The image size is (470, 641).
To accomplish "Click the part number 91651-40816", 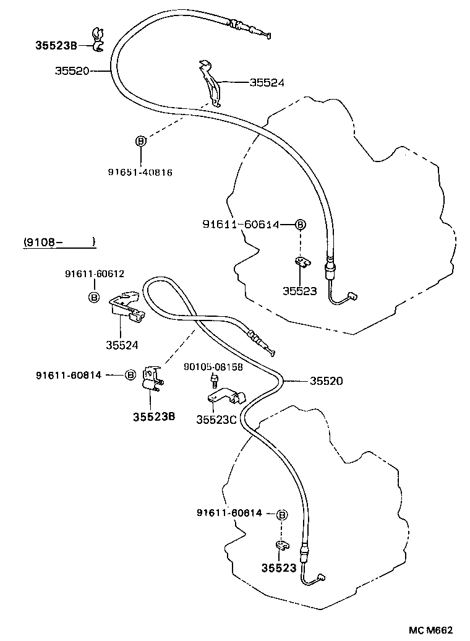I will pos(140,172).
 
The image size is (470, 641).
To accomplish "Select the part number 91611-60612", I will pos(93,273).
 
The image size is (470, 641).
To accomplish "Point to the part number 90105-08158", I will pos(213,366).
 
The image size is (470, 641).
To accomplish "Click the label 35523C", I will pos(216,419).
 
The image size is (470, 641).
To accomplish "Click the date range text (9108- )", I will pos(59,242).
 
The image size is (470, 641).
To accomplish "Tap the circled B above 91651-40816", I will pos(140,141).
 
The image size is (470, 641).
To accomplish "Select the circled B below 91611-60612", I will pos(93,298).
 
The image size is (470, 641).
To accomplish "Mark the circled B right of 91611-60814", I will pos(130,374).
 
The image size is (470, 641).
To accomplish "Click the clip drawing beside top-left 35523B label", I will pos(97,39).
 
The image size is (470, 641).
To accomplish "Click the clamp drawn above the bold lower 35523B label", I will pos(152,379).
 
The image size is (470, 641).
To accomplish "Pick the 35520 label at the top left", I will pos(72,71).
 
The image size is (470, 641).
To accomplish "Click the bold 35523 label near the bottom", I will pos(278,567).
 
